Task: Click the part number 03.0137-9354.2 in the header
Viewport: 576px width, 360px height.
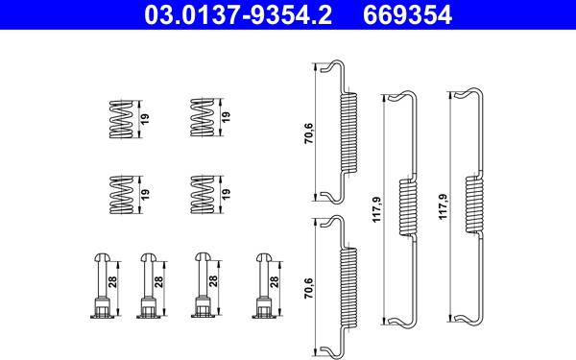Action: [x=238, y=14]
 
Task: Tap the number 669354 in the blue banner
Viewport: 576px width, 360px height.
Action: [x=407, y=14]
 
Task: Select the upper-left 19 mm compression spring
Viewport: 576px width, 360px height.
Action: [x=121, y=119]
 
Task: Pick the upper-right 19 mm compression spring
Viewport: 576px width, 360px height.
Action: [x=202, y=117]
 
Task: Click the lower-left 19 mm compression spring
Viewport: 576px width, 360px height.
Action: [x=121, y=194]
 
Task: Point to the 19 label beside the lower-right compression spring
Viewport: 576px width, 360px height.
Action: [x=226, y=194]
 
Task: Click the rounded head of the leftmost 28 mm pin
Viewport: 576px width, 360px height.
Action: [x=101, y=257]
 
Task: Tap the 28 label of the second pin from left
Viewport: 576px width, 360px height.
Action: [x=158, y=281]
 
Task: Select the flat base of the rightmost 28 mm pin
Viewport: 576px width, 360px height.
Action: [x=264, y=315]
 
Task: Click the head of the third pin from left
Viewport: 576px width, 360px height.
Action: [x=202, y=256]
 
